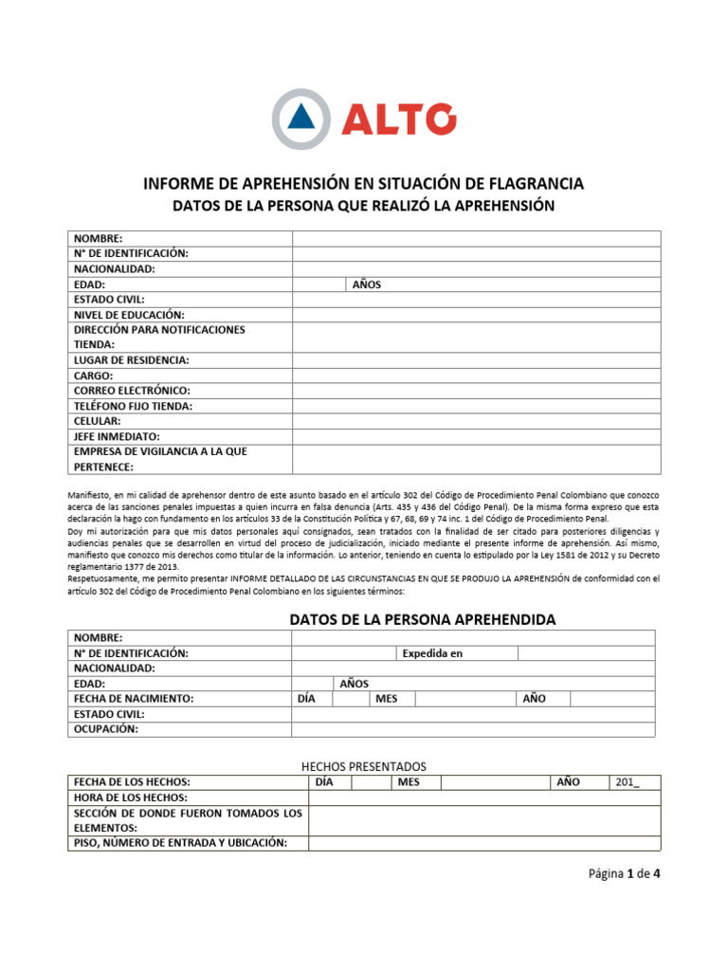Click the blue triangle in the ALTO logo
tap(301, 118)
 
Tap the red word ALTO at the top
tap(397, 119)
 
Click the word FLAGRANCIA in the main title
tap(532, 182)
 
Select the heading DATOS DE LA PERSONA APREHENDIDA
tap(421, 619)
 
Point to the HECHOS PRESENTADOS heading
tap(363, 765)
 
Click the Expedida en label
tap(432, 653)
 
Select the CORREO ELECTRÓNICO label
tap(132, 391)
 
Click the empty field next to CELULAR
tap(476, 421)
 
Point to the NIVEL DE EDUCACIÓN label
tap(129, 314)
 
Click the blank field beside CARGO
tap(476, 376)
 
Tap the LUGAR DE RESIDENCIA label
tap(131, 360)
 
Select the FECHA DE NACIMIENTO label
tap(133, 699)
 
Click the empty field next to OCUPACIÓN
tap(471, 729)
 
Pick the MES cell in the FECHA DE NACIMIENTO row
tap(387, 699)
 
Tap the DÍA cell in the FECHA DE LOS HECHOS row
tap(323, 782)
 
